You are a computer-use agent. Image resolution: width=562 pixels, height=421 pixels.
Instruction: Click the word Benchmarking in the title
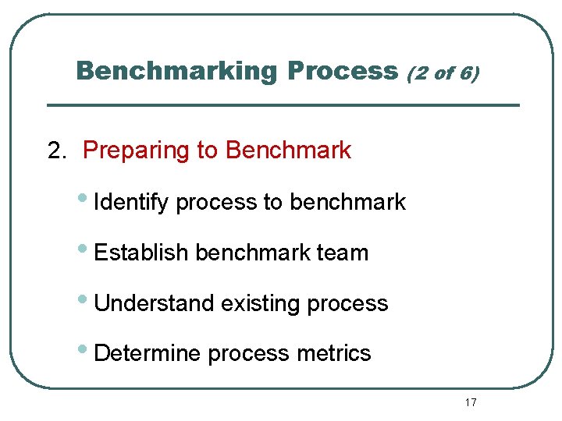(x=176, y=72)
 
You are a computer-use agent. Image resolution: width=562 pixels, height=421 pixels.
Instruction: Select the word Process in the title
(x=343, y=72)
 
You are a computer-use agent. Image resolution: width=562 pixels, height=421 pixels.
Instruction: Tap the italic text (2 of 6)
(x=443, y=73)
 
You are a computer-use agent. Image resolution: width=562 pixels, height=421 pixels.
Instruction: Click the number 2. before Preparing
(x=58, y=150)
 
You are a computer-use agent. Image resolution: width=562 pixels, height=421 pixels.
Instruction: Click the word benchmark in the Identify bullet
(x=347, y=203)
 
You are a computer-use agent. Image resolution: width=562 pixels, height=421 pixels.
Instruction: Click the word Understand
(x=154, y=303)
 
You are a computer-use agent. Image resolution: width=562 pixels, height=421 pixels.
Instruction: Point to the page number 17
(x=470, y=402)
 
